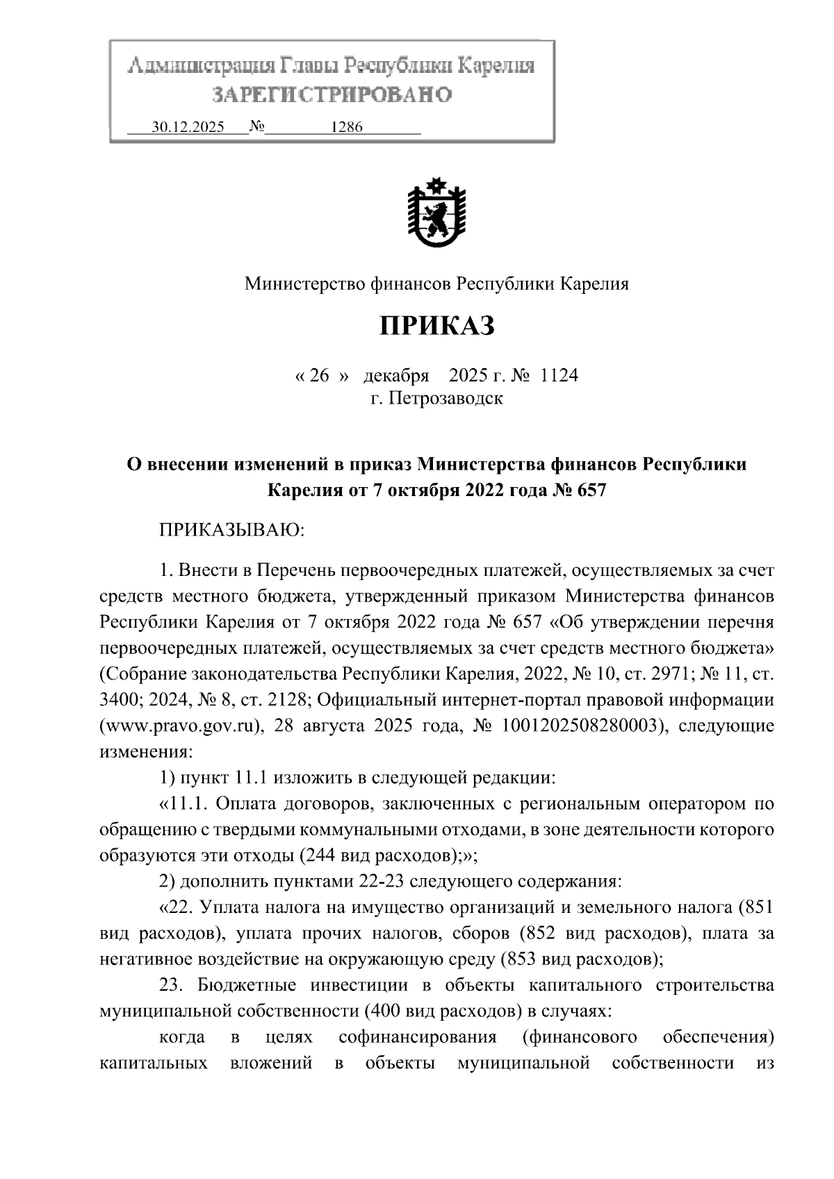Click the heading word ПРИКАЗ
436,325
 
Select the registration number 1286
347,128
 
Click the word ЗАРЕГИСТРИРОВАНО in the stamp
332,94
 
